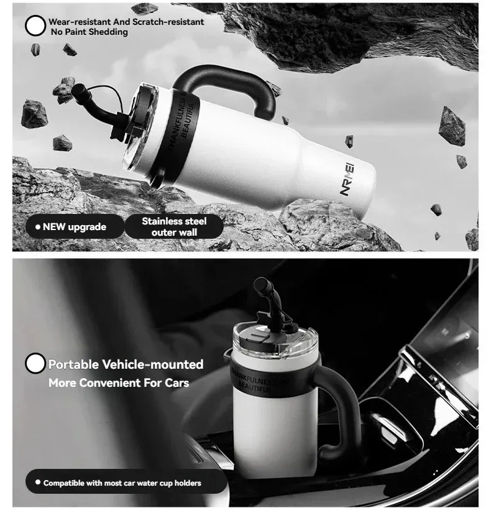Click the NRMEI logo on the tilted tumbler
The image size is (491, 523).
[347, 178]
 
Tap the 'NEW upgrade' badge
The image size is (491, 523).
[75, 226]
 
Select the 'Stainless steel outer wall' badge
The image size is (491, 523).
[174, 226]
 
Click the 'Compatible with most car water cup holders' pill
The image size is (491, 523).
[126, 481]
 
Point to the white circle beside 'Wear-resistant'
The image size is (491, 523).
[35, 25]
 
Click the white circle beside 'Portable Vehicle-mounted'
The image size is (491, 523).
[35, 363]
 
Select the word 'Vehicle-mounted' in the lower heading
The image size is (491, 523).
[152, 364]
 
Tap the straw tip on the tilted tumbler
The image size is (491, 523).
[78, 90]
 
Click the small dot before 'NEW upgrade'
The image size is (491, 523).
[38, 227]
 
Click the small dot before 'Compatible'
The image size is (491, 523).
[38, 482]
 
